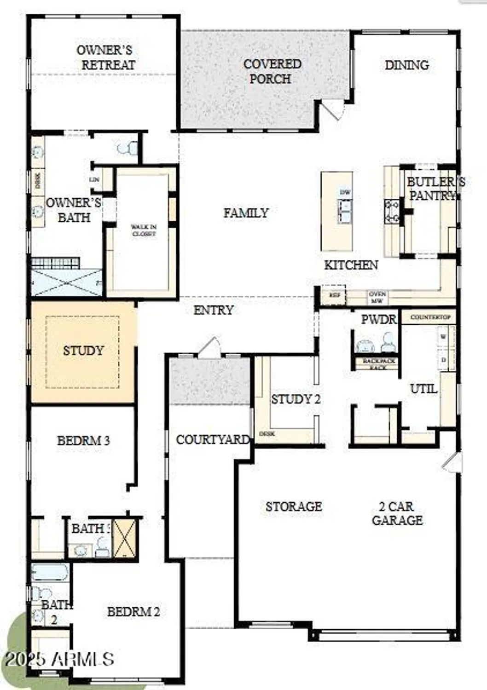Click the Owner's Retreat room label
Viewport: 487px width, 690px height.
click(x=105, y=57)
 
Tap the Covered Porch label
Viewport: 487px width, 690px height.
click(x=272, y=71)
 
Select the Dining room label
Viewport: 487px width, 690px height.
click(x=407, y=65)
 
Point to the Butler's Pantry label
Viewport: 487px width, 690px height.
click(x=435, y=189)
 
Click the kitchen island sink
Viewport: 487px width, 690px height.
click(x=344, y=211)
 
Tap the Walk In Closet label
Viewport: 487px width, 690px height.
click(x=144, y=230)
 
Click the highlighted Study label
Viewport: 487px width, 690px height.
click(x=83, y=351)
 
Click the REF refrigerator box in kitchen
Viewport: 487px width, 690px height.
click(x=335, y=295)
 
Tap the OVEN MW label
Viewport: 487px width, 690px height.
click(x=377, y=297)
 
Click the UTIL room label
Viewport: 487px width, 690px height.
click(x=423, y=389)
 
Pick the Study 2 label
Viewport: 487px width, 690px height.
click(x=296, y=399)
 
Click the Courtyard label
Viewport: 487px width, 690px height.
click(x=212, y=440)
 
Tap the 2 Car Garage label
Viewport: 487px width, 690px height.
click(x=397, y=513)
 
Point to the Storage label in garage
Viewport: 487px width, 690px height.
click(x=294, y=506)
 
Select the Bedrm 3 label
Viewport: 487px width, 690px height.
click(x=83, y=441)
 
